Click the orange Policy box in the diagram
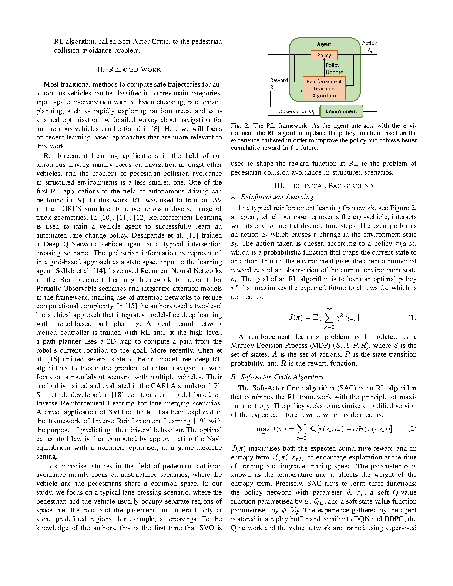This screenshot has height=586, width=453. (324, 55)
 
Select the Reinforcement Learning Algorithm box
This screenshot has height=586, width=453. (324, 88)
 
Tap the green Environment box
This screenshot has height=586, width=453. (341, 111)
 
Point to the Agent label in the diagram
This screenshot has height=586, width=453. (324, 44)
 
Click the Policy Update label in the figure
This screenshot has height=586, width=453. (334, 68)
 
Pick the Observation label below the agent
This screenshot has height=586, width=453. (296, 111)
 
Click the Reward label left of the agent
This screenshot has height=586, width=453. (279, 81)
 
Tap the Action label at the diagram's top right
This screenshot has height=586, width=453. (369, 44)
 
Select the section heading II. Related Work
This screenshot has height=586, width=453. (129, 70)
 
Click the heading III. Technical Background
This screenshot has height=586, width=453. (323, 186)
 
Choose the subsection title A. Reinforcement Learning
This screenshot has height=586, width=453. (272, 197)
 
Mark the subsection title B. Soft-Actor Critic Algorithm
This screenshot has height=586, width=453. (277, 377)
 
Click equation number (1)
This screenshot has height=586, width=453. (412, 317)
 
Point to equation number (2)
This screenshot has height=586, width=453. (412, 429)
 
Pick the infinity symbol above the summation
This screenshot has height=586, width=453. (329, 309)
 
